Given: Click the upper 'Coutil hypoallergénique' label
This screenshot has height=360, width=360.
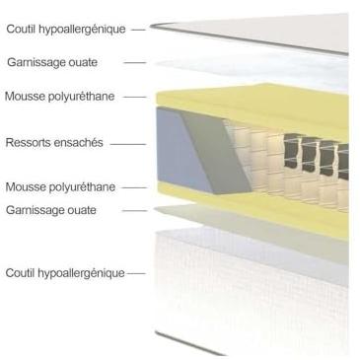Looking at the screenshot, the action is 66,30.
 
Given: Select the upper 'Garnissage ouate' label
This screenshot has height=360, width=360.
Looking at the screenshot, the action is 52,62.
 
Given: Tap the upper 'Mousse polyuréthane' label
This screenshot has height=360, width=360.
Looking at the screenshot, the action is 60,97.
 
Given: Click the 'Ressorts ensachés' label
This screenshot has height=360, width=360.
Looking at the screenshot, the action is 54,143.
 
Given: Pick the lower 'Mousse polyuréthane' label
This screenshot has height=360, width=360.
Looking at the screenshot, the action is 60,187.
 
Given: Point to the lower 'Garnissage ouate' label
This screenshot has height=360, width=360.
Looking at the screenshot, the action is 51,210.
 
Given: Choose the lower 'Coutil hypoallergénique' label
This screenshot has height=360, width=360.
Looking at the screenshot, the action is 65,273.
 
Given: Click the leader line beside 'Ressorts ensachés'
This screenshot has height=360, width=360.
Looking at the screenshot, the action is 128,144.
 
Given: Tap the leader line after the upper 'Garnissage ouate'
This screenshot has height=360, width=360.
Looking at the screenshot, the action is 135,62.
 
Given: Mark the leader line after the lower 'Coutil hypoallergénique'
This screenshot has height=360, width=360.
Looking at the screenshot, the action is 136,273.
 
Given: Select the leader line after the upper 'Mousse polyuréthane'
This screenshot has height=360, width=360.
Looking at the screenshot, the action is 135,97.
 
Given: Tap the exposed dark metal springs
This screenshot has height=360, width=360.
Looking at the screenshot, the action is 316,155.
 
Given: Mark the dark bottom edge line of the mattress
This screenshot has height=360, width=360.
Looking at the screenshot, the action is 189,343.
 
